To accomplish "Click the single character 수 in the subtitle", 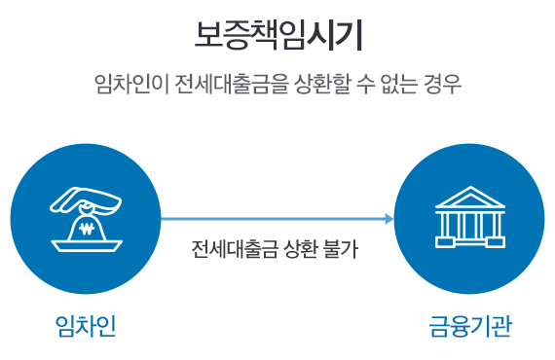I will (356, 85).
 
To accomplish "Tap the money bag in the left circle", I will (87, 227).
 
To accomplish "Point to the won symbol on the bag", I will (87, 232).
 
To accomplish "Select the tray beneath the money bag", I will (87, 246).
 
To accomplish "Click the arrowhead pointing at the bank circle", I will (389, 219).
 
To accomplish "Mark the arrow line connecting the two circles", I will (273, 219).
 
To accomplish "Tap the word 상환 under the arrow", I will (296, 250).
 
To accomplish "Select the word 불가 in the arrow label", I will (341, 250).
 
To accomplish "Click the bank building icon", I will (470, 216).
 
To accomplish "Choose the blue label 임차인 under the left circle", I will (86, 324).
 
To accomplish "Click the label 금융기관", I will (470, 324).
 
